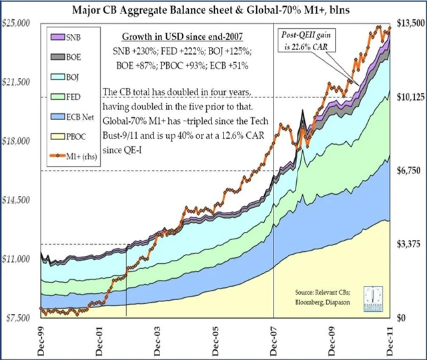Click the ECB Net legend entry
pyautogui.click(x=70, y=117)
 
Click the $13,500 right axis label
pyautogui.click(x=410, y=23)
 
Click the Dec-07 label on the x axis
pyautogui.click(x=274, y=337)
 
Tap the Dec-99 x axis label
pyautogui.click(x=41, y=337)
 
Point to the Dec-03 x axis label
pyautogui.click(x=157, y=337)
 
